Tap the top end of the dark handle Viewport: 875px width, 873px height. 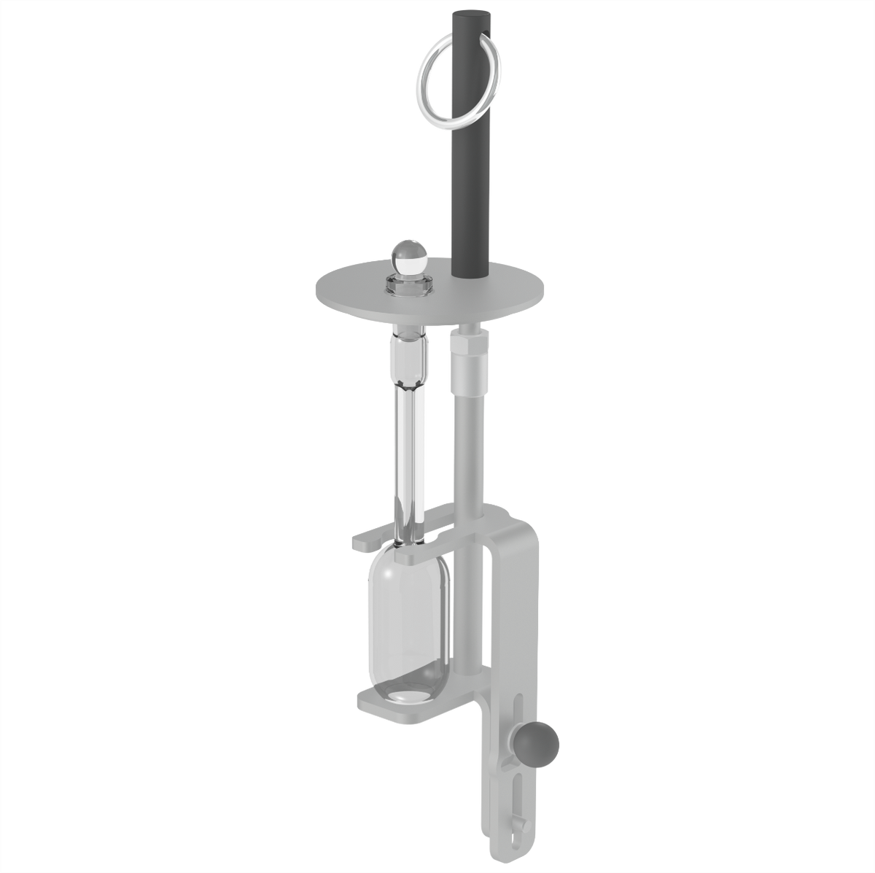tap(471, 16)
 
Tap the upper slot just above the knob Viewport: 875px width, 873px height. tap(518, 711)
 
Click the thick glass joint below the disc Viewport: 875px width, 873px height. tap(410, 357)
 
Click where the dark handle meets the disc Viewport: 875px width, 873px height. tap(471, 276)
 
